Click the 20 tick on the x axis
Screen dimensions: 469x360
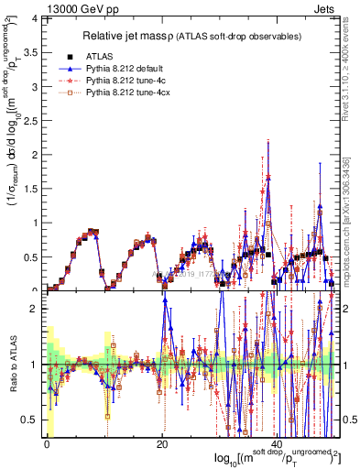tap(162, 443)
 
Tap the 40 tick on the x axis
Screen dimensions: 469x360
tap(278, 443)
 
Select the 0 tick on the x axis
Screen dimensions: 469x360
tap(47, 443)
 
